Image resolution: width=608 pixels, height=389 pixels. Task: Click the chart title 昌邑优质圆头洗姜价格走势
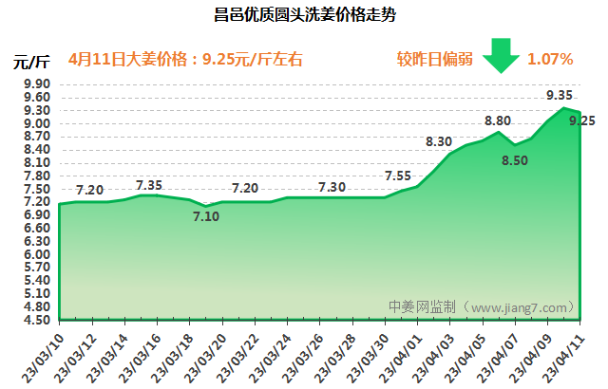point(303,16)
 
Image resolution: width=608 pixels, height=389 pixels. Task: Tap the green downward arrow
point(500,56)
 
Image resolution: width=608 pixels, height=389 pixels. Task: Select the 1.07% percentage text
point(550,59)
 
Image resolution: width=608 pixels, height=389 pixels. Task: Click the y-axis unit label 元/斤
point(31,63)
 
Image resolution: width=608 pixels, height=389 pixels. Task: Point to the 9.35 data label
point(560,95)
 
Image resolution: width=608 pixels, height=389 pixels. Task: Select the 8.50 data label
point(514,160)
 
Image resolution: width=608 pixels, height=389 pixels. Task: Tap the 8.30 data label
point(438,141)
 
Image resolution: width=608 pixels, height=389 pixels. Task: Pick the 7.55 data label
point(398,176)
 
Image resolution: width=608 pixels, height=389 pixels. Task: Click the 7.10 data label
point(205,217)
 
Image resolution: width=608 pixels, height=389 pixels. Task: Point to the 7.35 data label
point(149,184)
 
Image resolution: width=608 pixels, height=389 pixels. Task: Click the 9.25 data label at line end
point(582,120)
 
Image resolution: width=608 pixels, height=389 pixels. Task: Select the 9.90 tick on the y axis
point(36,84)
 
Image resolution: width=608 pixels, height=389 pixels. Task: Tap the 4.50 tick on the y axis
point(36,320)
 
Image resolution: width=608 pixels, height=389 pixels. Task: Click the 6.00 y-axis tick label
point(36,254)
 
